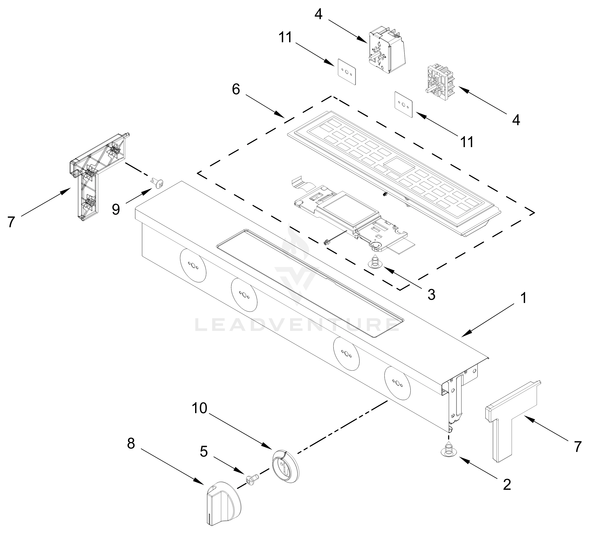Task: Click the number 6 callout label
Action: (236, 89)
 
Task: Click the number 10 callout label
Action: (199, 408)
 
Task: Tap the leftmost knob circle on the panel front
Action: (193, 265)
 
